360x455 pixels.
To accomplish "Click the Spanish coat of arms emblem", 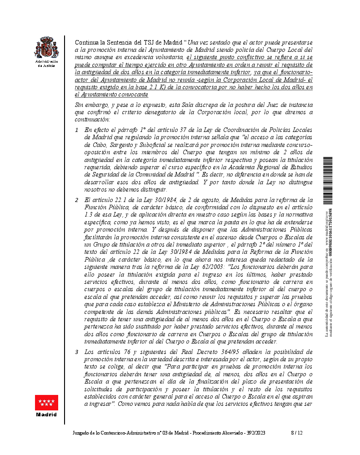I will pyautogui.click(x=47, y=47).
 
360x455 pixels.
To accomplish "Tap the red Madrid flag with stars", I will pyautogui.click(x=47, y=403).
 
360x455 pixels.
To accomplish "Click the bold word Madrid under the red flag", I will pyautogui.click(x=47, y=415).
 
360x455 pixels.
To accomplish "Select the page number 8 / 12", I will pyautogui.click(x=297, y=433).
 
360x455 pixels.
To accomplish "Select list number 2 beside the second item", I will pyautogui.click(x=77, y=200).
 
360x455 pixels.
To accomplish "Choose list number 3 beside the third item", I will pyautogui.click(x=77, y=352).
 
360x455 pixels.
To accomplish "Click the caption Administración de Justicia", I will pyautogui.click(x=47, y=63).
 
